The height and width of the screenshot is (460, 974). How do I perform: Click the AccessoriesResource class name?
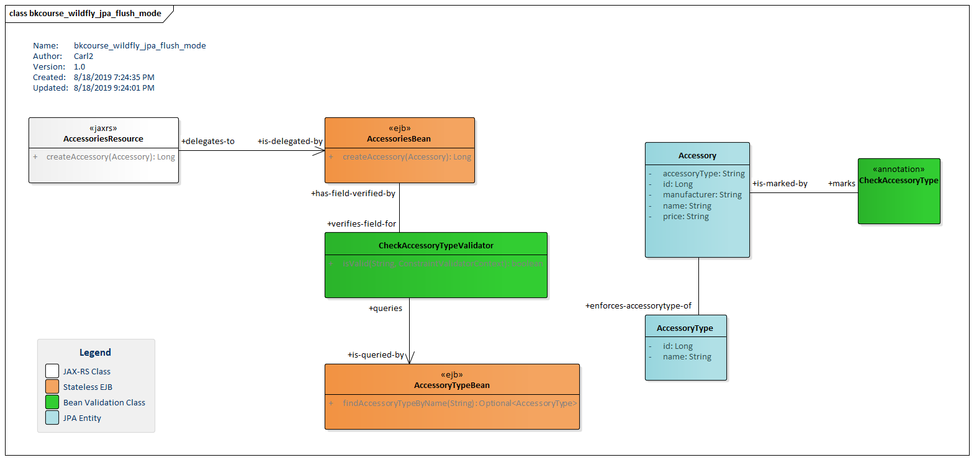coord(103,139)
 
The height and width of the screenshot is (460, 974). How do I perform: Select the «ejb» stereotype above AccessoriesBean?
coord(399,129)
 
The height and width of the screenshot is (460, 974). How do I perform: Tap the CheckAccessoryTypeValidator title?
coord(436,246)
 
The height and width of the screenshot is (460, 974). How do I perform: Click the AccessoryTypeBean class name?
coord(451,386)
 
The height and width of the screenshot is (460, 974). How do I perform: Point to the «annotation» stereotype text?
coord(898,169)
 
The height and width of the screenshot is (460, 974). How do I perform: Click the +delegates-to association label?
coord(208,142)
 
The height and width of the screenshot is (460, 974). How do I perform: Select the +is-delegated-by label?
coord(290,142)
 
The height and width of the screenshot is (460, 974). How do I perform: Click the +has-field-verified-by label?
coord(353,194)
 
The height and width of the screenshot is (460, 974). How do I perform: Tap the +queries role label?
coord(385,309)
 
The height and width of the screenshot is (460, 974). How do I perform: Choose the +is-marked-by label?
coord(780,184)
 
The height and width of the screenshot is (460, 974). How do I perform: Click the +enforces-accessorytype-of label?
coord(638,306)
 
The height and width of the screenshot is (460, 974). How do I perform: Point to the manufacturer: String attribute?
coord(701,195)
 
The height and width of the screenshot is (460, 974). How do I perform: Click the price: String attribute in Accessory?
coord(685,217)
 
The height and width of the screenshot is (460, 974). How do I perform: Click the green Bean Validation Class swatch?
coord(52,402)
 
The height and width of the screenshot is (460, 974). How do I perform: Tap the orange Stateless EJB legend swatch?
coord(52,387)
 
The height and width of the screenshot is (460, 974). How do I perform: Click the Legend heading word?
coord(95,353)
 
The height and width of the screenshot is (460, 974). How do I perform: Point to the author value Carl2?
coord(83,56)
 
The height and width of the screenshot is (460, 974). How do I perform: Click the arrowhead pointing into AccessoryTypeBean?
coord(410,358)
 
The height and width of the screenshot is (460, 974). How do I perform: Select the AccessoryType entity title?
coord(685,328)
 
